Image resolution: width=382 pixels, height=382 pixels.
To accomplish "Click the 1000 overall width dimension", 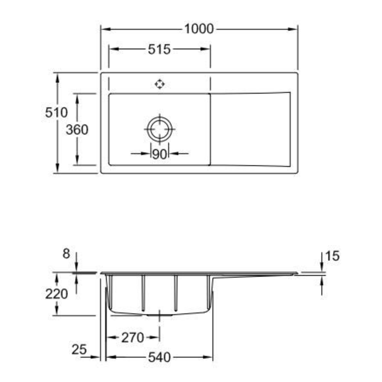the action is [199, 29].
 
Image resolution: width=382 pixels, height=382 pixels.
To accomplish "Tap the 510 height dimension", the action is [56, 112].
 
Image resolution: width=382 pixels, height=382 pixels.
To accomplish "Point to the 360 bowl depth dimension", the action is [77, 130].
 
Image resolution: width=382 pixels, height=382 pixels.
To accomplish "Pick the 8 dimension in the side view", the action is [66, 253].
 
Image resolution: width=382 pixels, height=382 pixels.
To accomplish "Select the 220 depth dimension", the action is [57, 294].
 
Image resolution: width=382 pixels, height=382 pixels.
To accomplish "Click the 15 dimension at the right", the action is [332, 256].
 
